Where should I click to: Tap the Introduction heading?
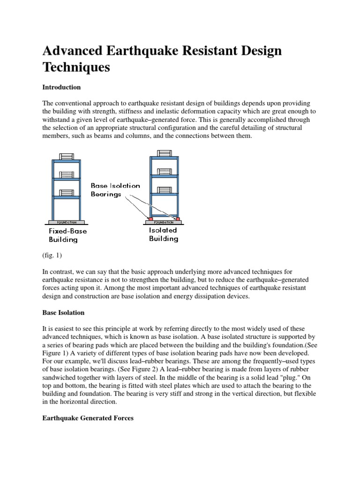(x=61, y=87)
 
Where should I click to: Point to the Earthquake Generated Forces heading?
(x=88, y=418)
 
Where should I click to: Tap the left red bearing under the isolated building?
(x=151, y=219)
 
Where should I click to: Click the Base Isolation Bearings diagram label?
(x=115, y=190)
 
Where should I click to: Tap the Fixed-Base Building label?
(x=67, y=235)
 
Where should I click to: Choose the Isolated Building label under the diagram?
(x=163, y=234)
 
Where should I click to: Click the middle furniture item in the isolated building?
(x=164, y=172)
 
